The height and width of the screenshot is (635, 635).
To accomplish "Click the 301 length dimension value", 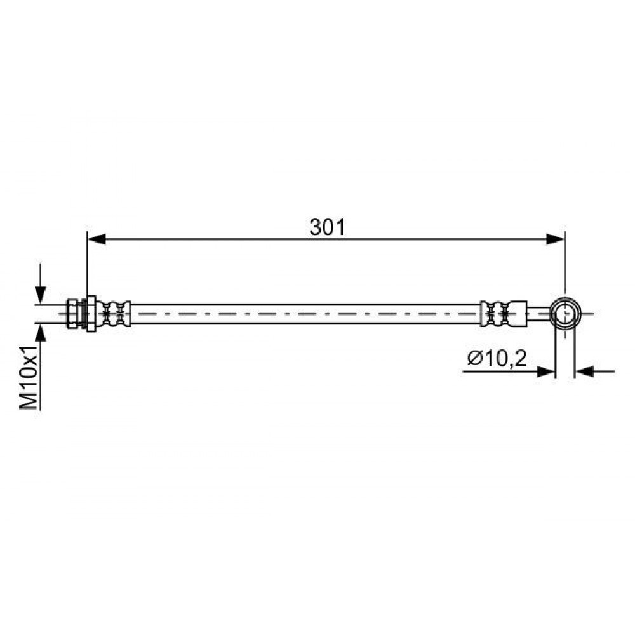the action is click(x=327, y=227).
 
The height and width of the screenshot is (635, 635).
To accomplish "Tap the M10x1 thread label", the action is click(x=29, y=377).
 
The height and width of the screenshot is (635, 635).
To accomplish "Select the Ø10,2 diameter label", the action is click(x=497, y=358).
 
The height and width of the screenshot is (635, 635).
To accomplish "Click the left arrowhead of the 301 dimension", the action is click(x=97, y=239).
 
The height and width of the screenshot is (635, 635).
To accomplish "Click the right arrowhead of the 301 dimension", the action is click(x=555, y=239).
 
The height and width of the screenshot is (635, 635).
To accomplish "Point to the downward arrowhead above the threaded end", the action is click(x=40, y=294).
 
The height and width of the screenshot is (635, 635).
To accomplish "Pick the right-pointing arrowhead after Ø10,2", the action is click(x=545, y=371).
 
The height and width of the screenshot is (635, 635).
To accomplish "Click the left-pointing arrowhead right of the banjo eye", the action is click(x=584, y=371).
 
